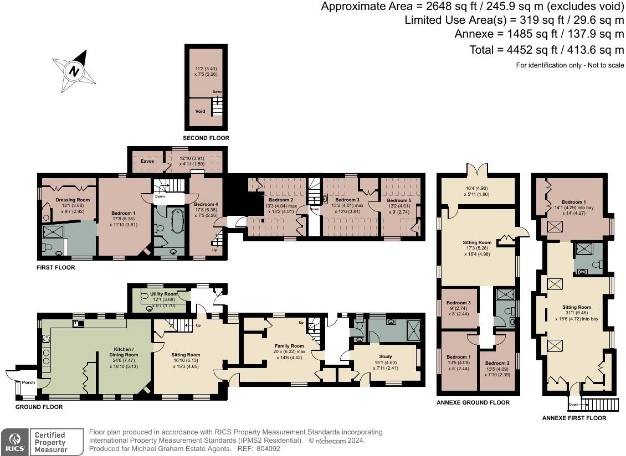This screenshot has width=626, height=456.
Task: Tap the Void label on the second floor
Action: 200,111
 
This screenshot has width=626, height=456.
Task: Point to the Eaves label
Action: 147,161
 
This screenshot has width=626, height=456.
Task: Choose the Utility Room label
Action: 163,294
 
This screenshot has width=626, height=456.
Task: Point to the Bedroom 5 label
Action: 399,200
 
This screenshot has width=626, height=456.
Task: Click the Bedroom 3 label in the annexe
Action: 458,303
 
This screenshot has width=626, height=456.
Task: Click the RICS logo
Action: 14,442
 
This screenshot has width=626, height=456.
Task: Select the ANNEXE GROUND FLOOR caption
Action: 473,402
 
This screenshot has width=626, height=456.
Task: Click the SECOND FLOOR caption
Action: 206,138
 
